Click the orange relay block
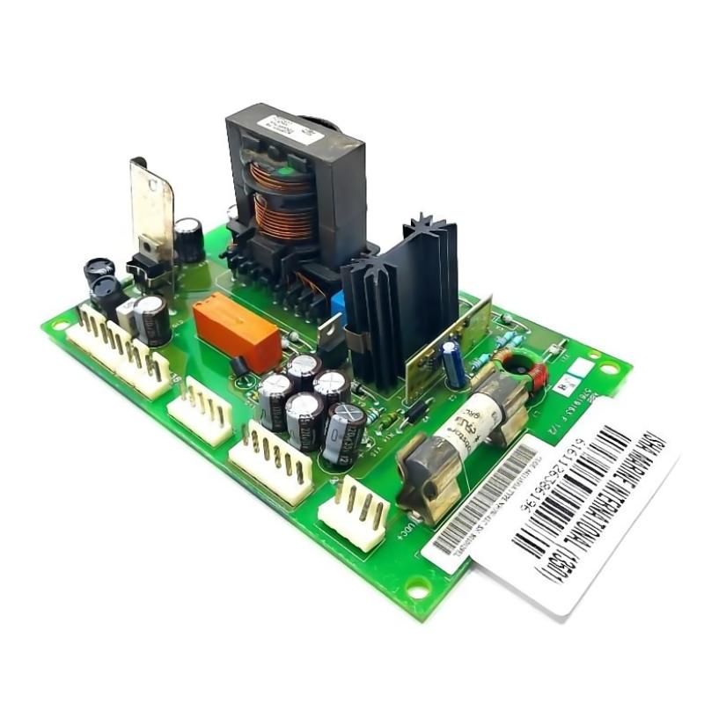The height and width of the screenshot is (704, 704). click(x=237, y=331)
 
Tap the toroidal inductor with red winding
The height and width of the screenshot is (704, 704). click(x=523, y=370)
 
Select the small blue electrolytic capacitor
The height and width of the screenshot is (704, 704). click(x=454, y=363)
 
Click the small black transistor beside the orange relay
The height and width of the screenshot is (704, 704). click(x=239, y=365)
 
